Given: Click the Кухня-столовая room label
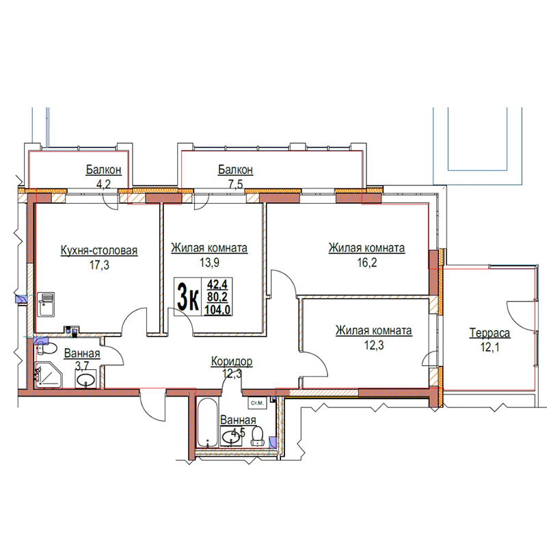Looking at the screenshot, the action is click(x=99, y=250).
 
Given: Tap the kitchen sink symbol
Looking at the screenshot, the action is click(x=46, y=304).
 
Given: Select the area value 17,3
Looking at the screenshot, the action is click(x=99, y=265).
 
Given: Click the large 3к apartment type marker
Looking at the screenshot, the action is click(x=188, y=297).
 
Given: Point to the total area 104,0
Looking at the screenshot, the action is click(x=217, y=309).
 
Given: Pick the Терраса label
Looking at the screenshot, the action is click(x=490, y=333).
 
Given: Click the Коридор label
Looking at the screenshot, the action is click(x=232, y=362).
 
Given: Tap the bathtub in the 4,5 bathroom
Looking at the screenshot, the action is click(x=207, y=422).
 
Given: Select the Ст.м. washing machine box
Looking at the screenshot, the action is click(x=257, y=403).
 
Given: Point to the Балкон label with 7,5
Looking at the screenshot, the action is click(x=235, y=170).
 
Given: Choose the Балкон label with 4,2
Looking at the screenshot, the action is click(x=104, y=170).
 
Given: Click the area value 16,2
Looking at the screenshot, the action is click(x=367, y=263).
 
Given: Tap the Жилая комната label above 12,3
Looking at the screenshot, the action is click(x=373, y=330).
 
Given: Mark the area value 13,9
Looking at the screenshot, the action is click(x=209, y=263).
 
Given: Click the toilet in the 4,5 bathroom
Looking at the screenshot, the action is click(x=258, y=436).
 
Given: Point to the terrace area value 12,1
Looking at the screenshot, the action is click(x=490, y=347).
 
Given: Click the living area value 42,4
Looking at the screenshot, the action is click(x=217, y=284).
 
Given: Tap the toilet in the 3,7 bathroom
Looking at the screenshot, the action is click(x=47, y=348).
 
